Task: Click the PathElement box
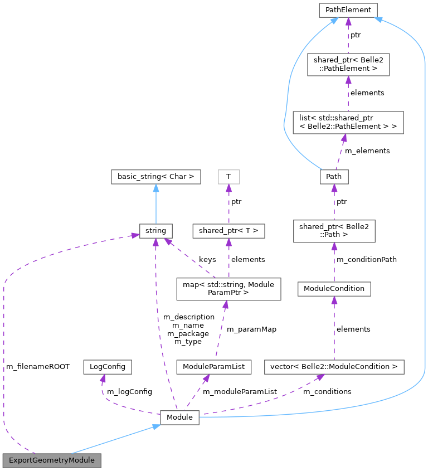(x=348, y=10)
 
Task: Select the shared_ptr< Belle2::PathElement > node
(x=348, y=65)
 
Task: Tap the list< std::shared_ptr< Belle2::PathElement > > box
(x=348, y=122)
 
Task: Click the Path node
(x=334, y=177)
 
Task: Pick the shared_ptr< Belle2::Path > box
(x=334, y=231)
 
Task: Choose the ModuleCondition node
(x=334, y=289)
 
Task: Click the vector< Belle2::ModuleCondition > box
(x=334, y=367)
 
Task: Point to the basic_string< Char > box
(x=155, y=177)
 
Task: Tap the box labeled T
(x=228, y=177)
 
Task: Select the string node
(x=155, y=230)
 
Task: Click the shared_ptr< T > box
(x=228, y=230)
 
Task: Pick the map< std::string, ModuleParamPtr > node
(x=228, y=289)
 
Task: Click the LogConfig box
(x=107, y=367)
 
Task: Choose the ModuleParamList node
(x=213, y=367)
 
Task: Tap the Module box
(x=179, y=417)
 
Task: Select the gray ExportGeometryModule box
(x=52, y=460)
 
